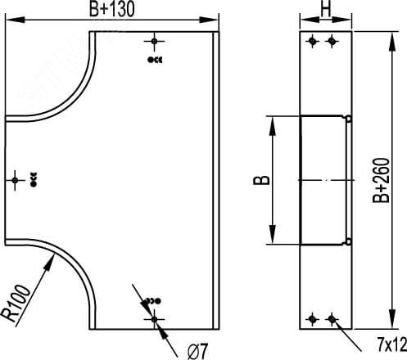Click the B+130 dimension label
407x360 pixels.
click(x=112, y=9)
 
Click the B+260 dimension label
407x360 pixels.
click(x=381, y=180)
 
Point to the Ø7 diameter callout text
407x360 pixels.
click(x=198, y=351)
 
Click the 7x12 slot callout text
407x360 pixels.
click(x=392, y=345)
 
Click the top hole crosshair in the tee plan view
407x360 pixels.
click(x=154, y=42)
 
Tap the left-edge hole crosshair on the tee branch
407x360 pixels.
click(x=15, y=180)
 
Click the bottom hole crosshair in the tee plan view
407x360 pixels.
click(x=154, y=319)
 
